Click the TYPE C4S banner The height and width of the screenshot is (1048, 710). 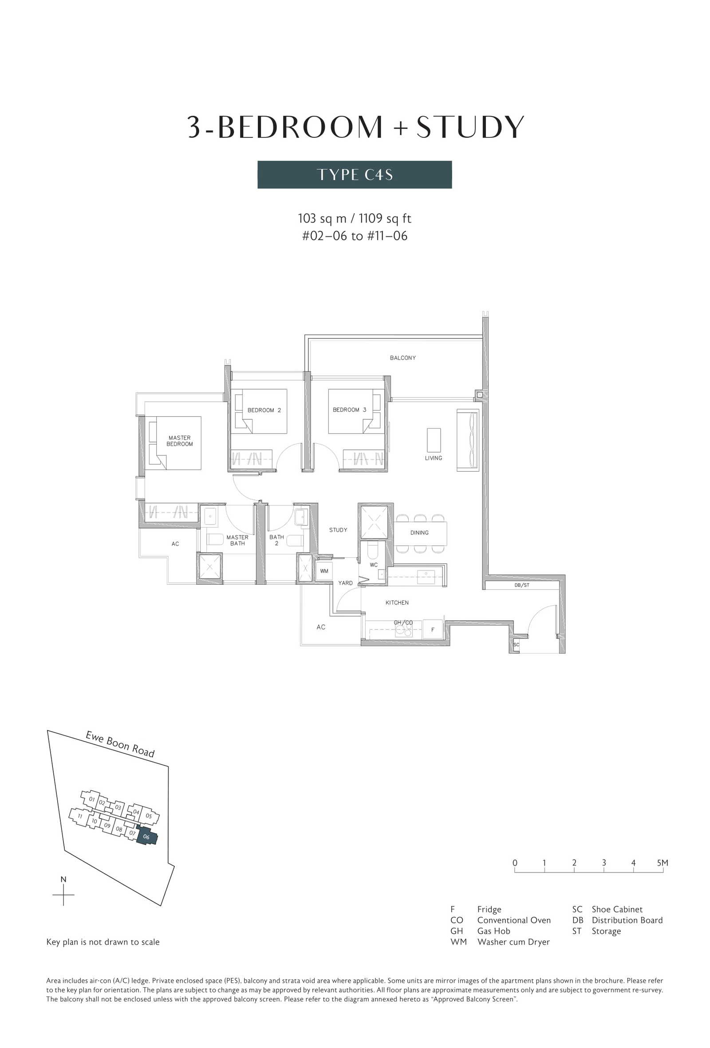[x=354, y=175]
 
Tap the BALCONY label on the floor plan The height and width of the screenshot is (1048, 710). [x=402, y=358]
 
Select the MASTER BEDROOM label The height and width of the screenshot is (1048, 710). [x=180, y=441]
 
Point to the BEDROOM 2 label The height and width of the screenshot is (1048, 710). [x=264, y=410]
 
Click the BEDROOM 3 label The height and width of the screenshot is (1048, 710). [x=349, y=410]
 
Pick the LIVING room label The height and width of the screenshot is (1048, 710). [x=433, y=458]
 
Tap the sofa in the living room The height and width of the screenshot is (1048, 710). [x=468, y=440]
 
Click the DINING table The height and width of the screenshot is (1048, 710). [x=421, y=533]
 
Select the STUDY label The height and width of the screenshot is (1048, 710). [x=338, y=530]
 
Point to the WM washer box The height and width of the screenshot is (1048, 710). [x=324, y=571]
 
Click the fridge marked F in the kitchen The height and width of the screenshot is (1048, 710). [x=433, y=630]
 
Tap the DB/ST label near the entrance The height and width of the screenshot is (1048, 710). [x=522, y=585]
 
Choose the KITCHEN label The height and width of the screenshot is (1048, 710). [x=397, y=602]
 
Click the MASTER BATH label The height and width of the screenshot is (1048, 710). [x=237, y=540]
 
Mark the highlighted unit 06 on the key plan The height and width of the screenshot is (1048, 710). [x=147, y=837]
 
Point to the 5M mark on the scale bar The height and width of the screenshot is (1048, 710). [x=662, y=863]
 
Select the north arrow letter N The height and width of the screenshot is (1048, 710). [x=63, y=880]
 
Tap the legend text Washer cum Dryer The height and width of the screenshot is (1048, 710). [x=513, y=942]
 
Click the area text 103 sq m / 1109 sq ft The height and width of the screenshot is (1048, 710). [x=354, y=219]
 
